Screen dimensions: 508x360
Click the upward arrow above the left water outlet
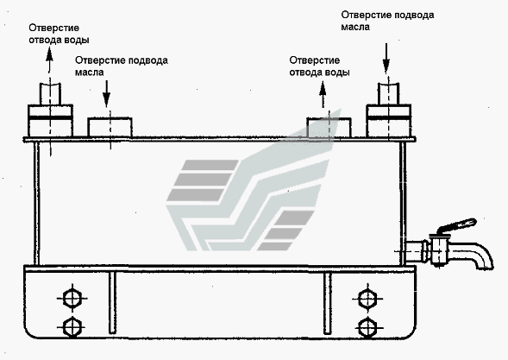click(x=49, y=60)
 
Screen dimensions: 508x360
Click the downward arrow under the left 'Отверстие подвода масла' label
click(x=107, y=92)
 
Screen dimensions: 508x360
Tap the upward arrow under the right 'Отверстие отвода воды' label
click(x=323, y=94)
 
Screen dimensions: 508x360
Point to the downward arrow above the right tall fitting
click(x=386, y=59)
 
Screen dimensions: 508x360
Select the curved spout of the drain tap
click(x=476, y=255)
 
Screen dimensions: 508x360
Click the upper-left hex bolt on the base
click(x=72, y=298)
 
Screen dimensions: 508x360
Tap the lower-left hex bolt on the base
click(x=72, y=327)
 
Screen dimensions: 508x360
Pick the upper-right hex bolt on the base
click(x=367, y=298)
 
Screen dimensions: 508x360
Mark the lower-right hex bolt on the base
click(x=367, y=327)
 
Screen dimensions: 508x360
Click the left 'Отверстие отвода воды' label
click(x=59, y=34)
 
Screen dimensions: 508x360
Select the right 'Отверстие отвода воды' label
click(x=319, y=66)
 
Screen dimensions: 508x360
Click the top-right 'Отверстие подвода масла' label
click(x=387, y=21)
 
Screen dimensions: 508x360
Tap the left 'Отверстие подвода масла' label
click(x=122, y=66)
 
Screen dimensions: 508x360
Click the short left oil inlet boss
click(x=110, y=127)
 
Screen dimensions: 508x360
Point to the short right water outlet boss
click(x=329, y=127)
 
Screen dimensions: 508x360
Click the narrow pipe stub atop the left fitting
click(x=50, y=94)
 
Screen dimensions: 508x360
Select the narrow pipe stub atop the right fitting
click(x=388, y=94)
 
